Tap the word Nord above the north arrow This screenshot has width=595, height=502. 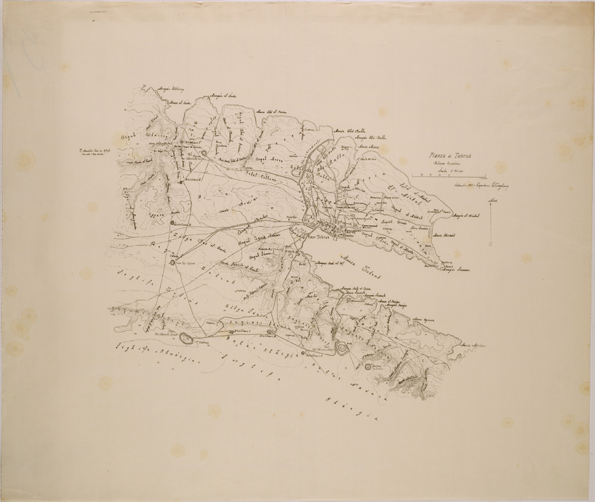tap(493, 201)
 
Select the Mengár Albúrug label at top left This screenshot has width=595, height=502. tap(171, 90)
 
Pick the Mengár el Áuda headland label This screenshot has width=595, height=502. tap(223, 95)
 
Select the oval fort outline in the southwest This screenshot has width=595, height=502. tap(187, 337)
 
